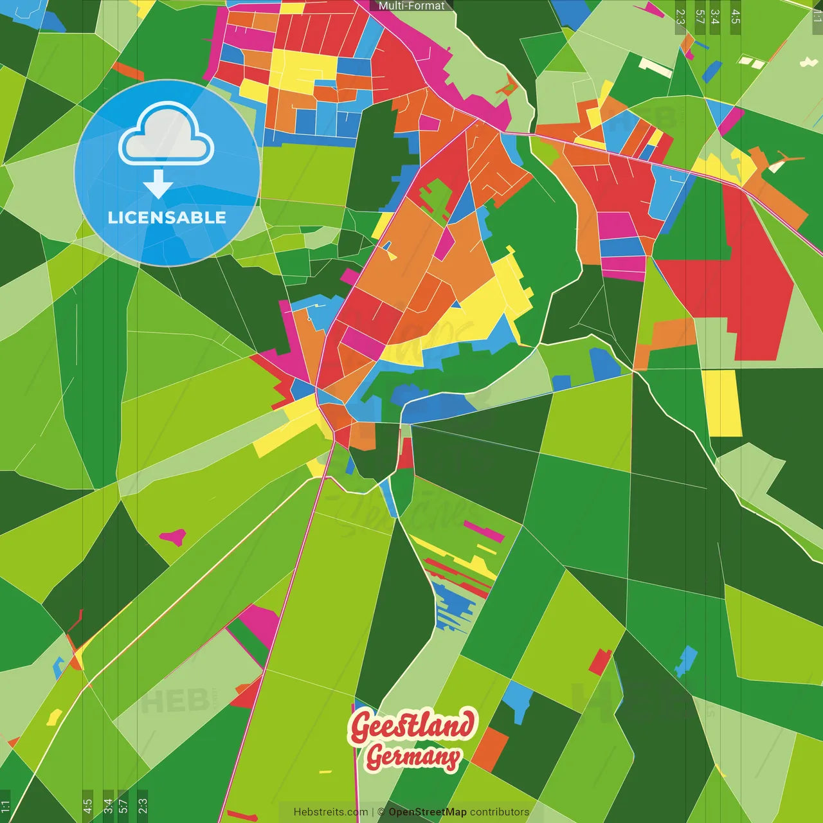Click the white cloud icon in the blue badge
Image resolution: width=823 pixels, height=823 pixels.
point(167,136)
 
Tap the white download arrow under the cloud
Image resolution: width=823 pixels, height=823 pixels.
point(158,185)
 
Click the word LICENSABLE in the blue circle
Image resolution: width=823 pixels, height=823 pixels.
point(167,217)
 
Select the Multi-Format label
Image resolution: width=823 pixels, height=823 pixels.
point(411,6)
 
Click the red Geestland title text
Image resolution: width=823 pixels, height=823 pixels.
point(413,727)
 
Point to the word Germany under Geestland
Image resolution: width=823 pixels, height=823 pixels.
point(413,757)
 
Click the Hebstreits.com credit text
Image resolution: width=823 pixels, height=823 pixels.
point(330,812)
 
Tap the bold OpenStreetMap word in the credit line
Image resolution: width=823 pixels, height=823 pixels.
point(428,812)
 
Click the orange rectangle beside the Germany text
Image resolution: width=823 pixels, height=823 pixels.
point(490,750)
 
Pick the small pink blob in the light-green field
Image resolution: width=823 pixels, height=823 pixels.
point(173,536)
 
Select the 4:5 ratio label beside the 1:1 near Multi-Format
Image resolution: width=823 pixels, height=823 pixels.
point(736,17)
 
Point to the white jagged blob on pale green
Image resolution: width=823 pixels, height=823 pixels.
point(808,62)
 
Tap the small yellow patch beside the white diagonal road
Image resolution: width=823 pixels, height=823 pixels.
point(54,716)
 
